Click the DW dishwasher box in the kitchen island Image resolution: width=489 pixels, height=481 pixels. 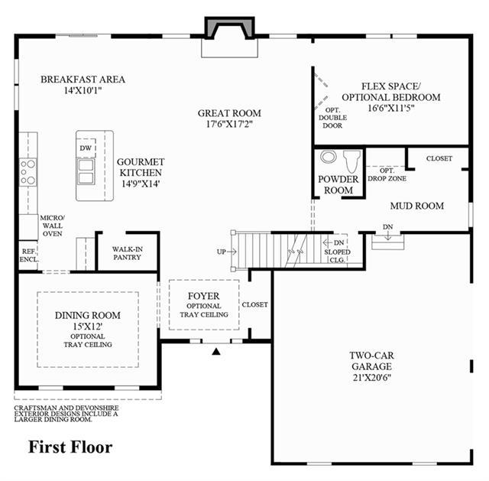pos(86,148)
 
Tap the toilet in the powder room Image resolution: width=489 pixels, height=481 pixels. pos(351,161)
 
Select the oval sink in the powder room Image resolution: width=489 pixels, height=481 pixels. pos(329,157)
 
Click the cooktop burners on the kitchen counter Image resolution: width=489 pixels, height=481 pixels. pos(28,172)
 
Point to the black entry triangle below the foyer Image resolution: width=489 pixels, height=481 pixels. pos(216,352)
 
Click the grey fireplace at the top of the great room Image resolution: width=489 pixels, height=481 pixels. pos(229,28)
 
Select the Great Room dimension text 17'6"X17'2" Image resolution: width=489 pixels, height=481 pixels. pos(229,124)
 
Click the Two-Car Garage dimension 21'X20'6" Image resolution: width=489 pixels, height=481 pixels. pos(372,378)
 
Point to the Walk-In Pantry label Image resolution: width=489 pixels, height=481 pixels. pos(128,253)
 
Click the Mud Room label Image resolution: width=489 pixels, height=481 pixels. pos(417,206)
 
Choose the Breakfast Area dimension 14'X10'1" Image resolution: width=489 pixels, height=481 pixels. pos(83,90)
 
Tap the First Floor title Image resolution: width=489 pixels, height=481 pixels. pos(70,447)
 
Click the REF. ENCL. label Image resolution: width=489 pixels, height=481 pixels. pos(29,255)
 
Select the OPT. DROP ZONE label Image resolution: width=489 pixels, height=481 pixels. pos(387,174)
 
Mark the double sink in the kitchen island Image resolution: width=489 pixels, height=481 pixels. pos(86,171)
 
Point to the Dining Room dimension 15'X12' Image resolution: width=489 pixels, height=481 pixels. pos(88,327)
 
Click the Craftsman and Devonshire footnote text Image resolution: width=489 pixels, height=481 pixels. pos(66,414)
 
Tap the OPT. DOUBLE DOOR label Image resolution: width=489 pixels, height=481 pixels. pos(333,118)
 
